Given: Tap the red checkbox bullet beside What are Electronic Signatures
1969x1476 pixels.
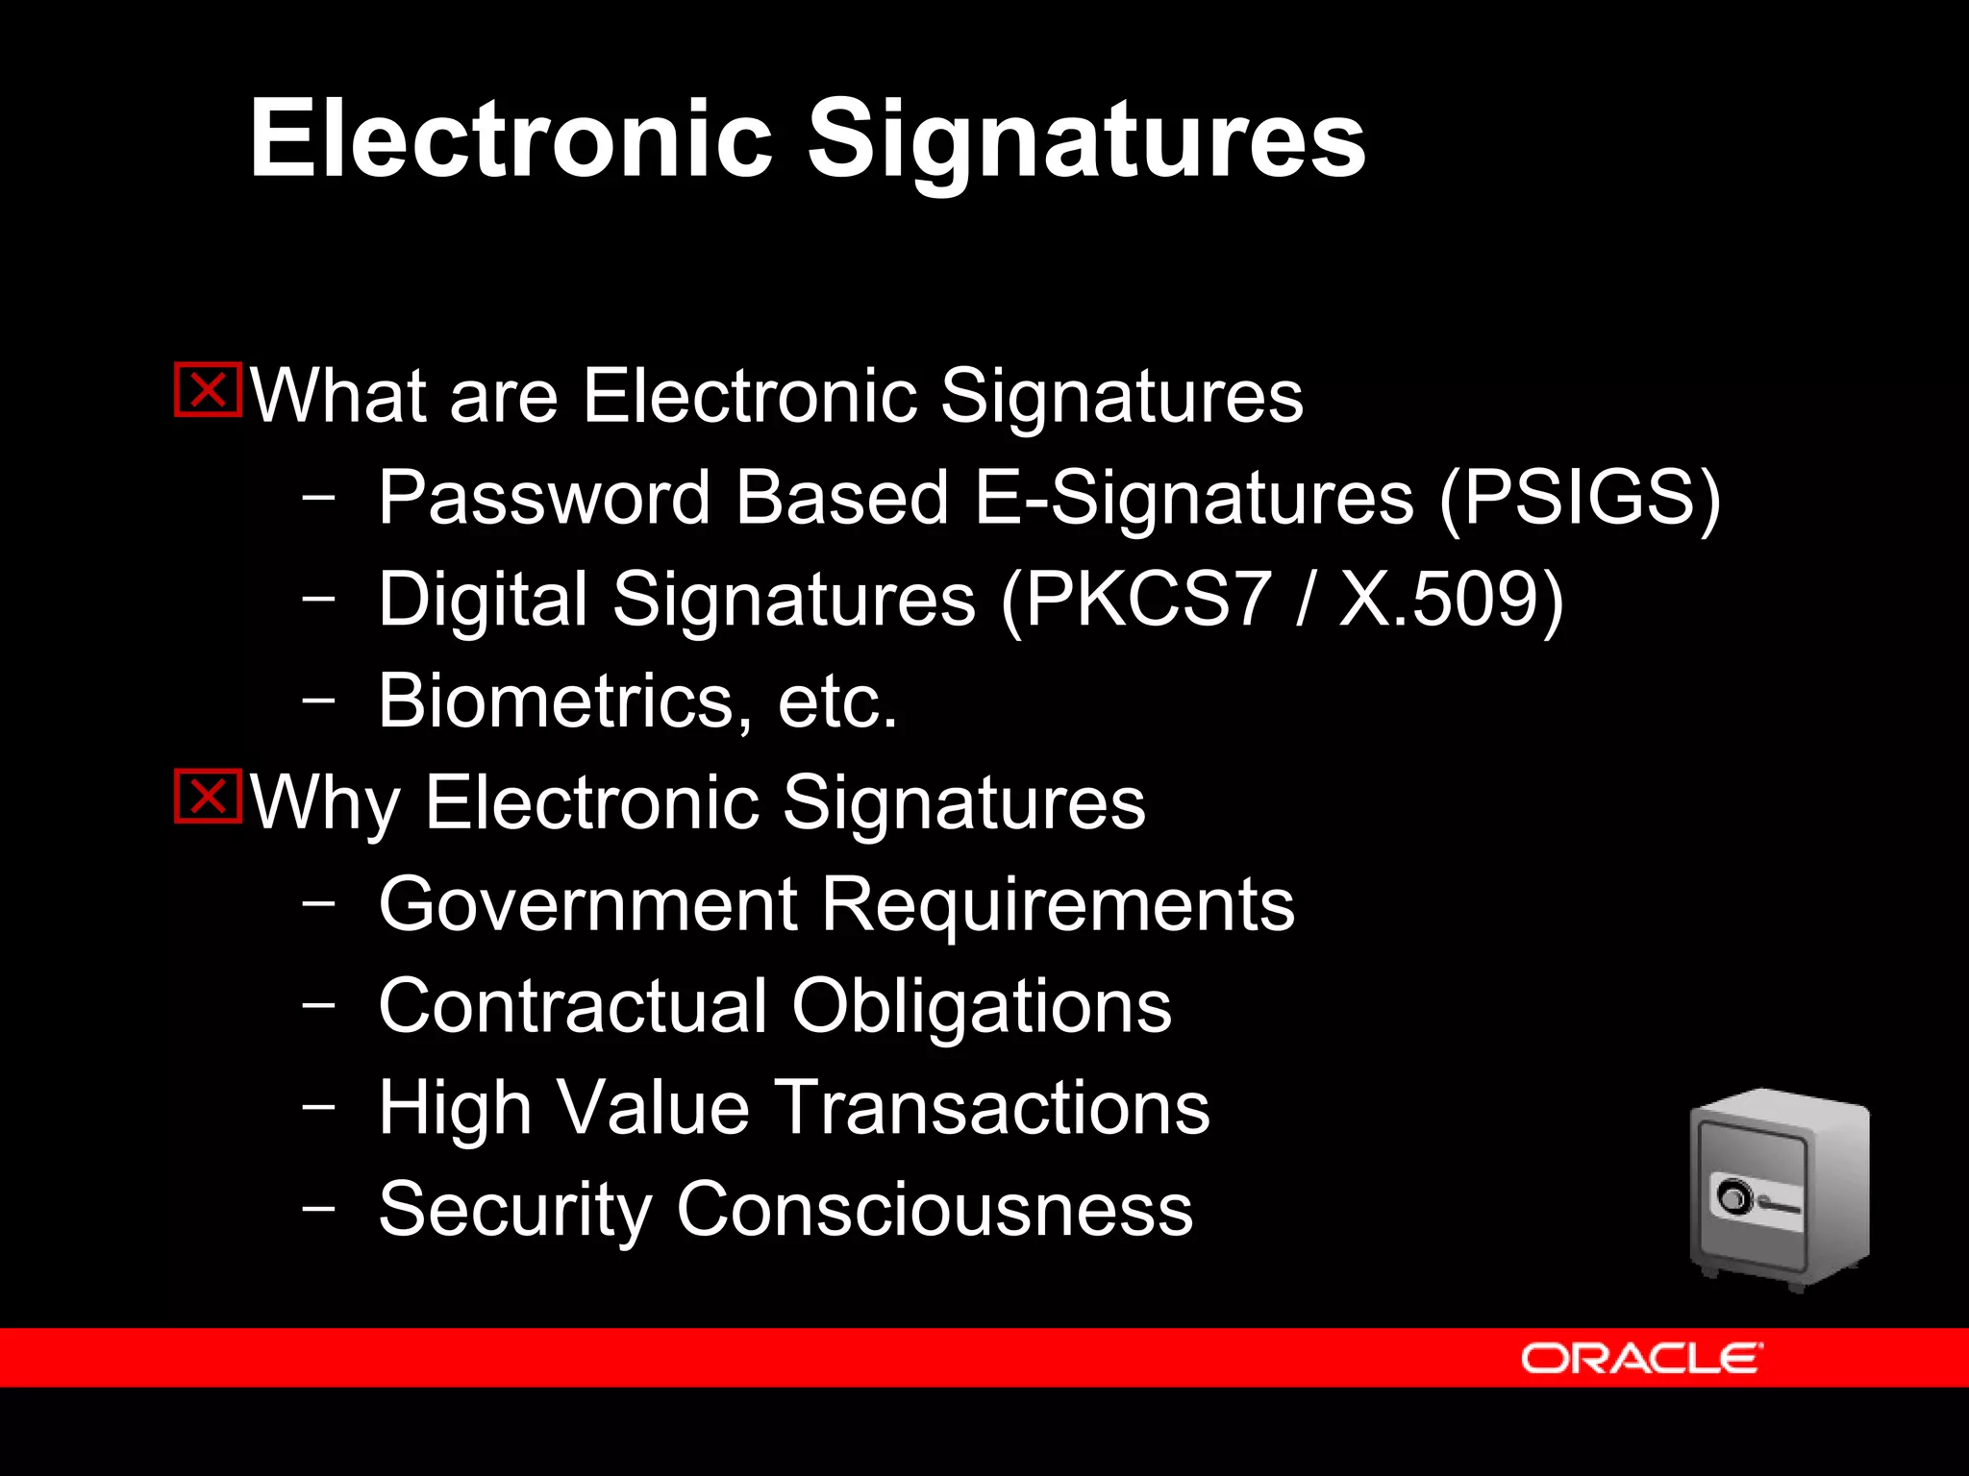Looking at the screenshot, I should pos(208,390).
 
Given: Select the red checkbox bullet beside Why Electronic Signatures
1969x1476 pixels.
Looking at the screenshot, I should pos(208,797).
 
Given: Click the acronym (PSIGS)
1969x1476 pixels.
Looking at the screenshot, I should pos(1580,500).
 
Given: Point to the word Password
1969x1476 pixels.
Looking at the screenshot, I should pos(544,498).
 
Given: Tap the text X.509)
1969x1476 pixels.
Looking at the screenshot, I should pos(1452,600).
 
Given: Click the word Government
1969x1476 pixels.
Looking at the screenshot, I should pos(588,905).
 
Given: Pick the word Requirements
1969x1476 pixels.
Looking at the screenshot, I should pos(1058,905).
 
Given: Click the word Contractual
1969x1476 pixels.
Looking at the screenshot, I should pos(573,1006).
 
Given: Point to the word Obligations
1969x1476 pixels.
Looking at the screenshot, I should pos(982,1007).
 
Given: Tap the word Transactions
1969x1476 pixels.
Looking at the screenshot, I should pos(992,1108).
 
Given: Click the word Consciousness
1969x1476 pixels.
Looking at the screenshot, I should pos(935,1209).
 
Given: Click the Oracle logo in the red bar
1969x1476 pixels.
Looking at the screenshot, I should pos(1641,1359).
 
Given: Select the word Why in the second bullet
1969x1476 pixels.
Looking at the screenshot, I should pos(325,803).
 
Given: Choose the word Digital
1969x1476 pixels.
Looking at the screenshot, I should pos(483,600).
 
